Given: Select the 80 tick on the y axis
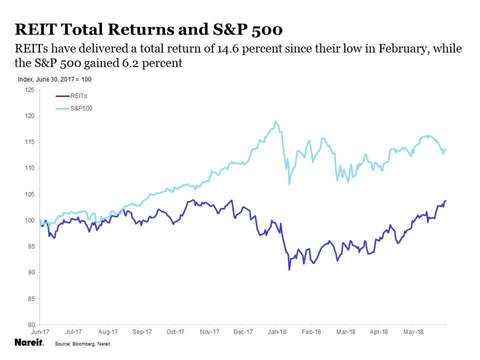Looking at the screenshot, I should [31, 324].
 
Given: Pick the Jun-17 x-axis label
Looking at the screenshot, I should [39, 331].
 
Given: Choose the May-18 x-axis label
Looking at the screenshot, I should [412, 331].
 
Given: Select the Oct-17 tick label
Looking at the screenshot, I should [175, 331].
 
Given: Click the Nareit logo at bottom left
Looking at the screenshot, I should [29, 343].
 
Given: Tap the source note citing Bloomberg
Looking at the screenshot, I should [82, 344].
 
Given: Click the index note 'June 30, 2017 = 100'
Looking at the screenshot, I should [54, 79].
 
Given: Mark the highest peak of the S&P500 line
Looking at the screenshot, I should [275, 121].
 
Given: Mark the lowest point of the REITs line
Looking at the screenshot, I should [289, 270].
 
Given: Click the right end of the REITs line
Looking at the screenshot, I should [445, 200].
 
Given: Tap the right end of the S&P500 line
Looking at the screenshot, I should [445, 149].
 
